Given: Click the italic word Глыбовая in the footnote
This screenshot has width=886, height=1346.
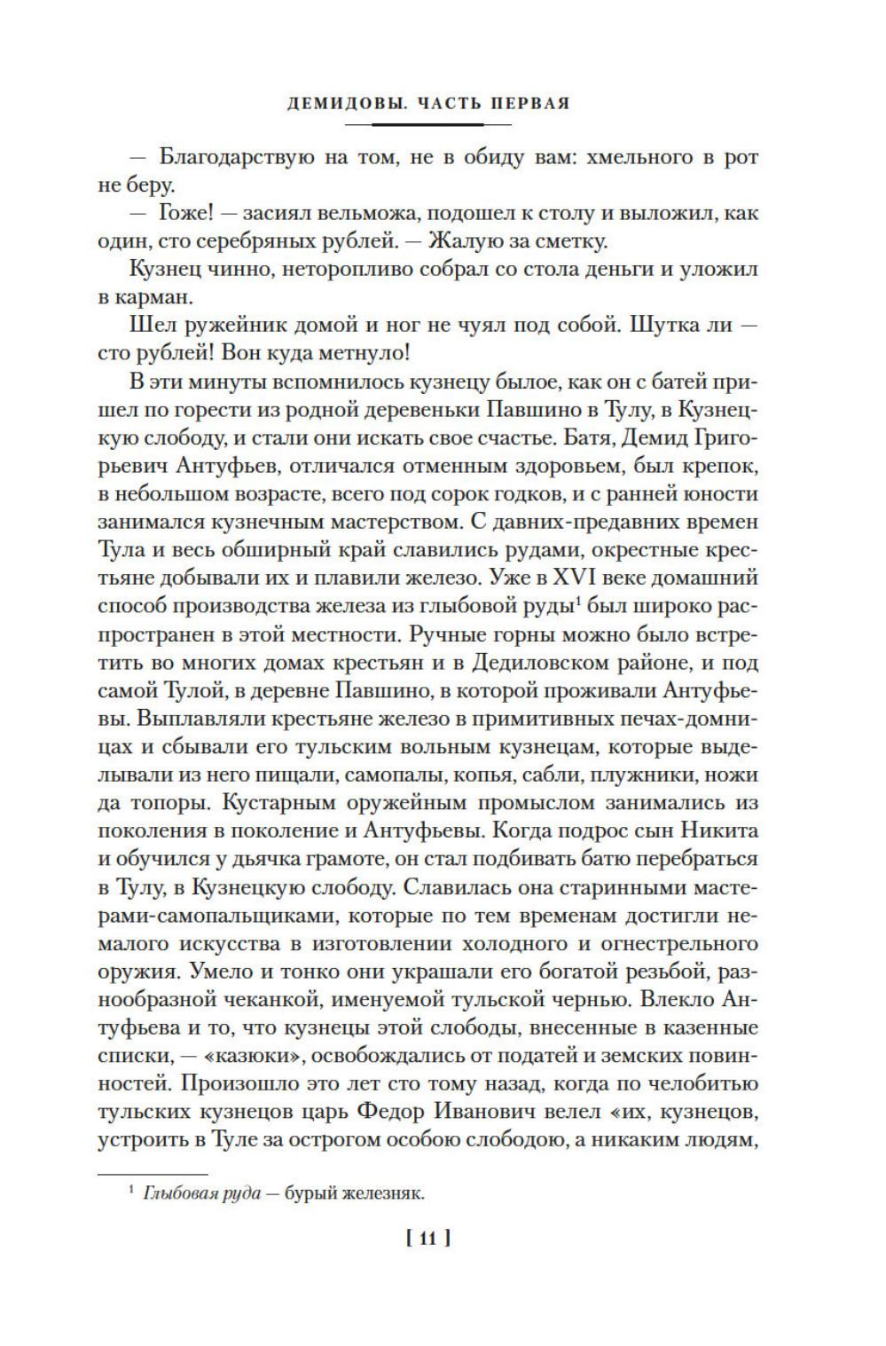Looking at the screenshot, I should tap(172, 1193).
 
